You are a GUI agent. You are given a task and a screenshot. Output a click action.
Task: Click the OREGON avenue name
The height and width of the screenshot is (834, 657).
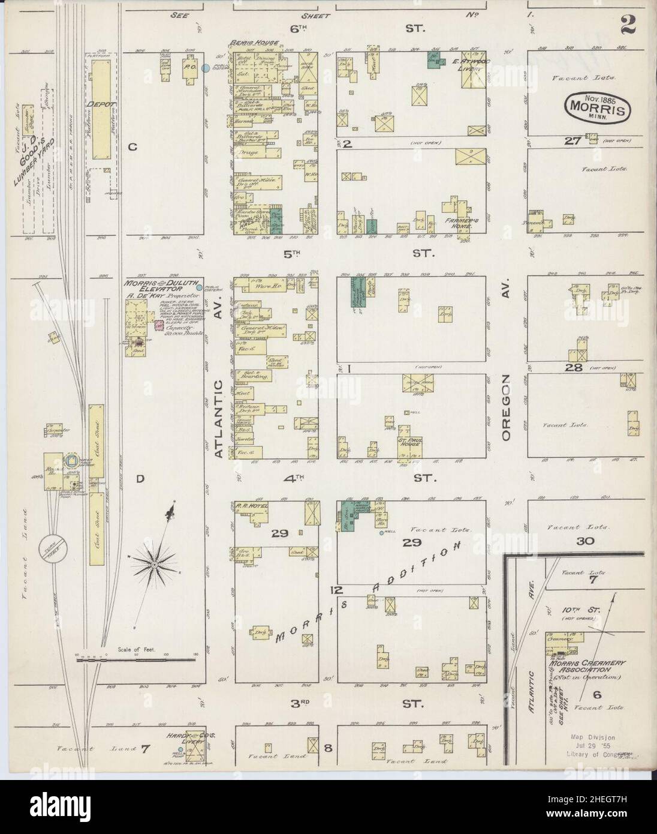click(x=507, y=408)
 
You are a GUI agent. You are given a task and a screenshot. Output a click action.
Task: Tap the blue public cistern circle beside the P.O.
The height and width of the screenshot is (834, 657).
click(x=206, y=69)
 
